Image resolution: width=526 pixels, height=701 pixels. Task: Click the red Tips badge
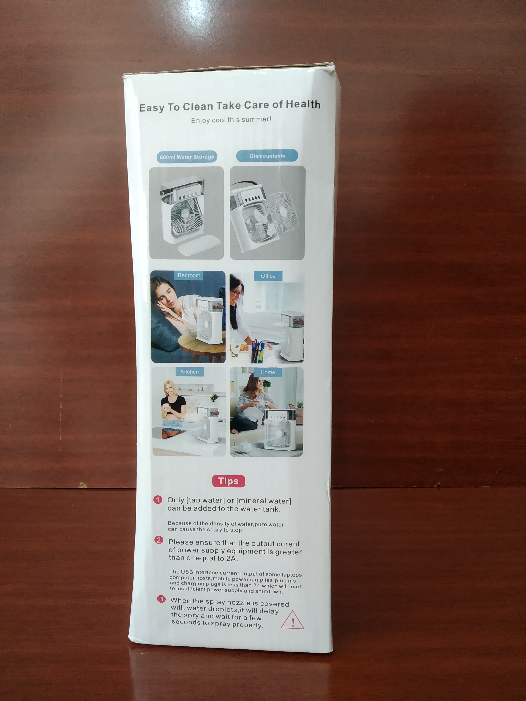pos(228,481)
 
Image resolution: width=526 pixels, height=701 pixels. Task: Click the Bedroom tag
pos(189,275)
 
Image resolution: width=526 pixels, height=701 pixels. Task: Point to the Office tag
pos(268,276)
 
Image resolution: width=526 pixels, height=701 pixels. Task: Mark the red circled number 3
pos(161,599)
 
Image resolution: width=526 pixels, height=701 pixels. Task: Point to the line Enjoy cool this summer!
pos(231,120)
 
